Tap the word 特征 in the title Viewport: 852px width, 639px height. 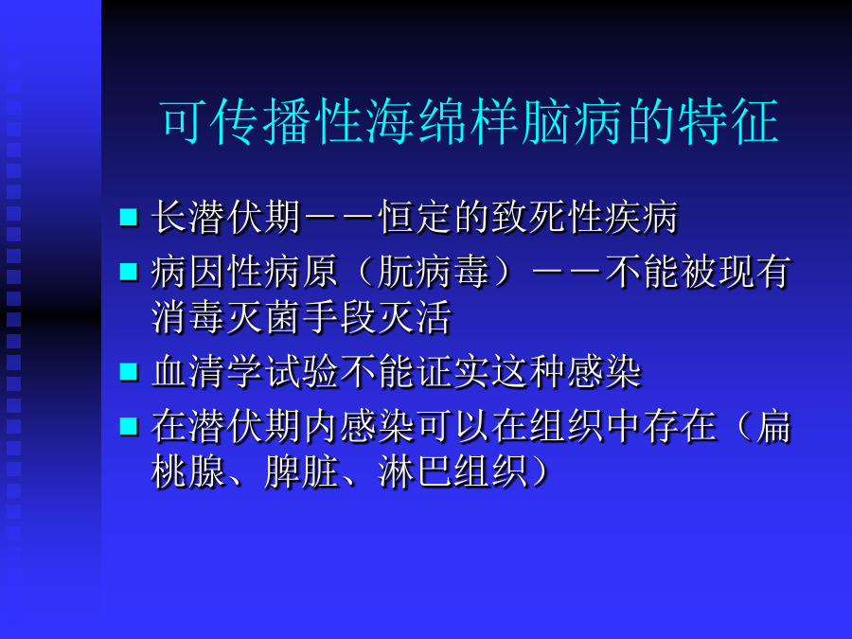point(729,122)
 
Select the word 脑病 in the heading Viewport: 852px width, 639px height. point(573,122)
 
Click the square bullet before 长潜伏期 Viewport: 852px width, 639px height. point(129,217)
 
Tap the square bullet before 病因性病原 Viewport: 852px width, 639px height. point(129,271)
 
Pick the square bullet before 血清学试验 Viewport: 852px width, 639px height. point(129,372)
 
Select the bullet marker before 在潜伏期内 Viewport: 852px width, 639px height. point(129,426)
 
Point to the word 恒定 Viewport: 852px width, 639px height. point(416,218)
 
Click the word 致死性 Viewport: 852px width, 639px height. point(547,218)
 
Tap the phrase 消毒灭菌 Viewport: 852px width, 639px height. point(225,317)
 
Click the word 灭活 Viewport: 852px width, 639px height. point(415,317)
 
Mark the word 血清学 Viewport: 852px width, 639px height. point(207,372)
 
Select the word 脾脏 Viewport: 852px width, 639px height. point(302,471)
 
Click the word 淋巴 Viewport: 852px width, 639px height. point(416,471)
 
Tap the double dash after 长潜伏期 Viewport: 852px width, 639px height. point(340,218)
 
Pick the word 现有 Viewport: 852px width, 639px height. point(754,272)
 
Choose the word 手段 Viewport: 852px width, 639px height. point(340,317)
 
